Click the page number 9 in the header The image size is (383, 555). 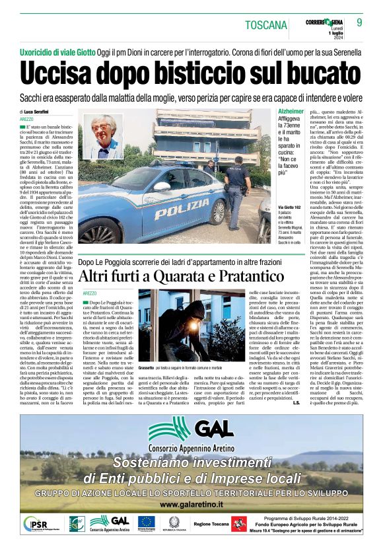click(359, 22)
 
